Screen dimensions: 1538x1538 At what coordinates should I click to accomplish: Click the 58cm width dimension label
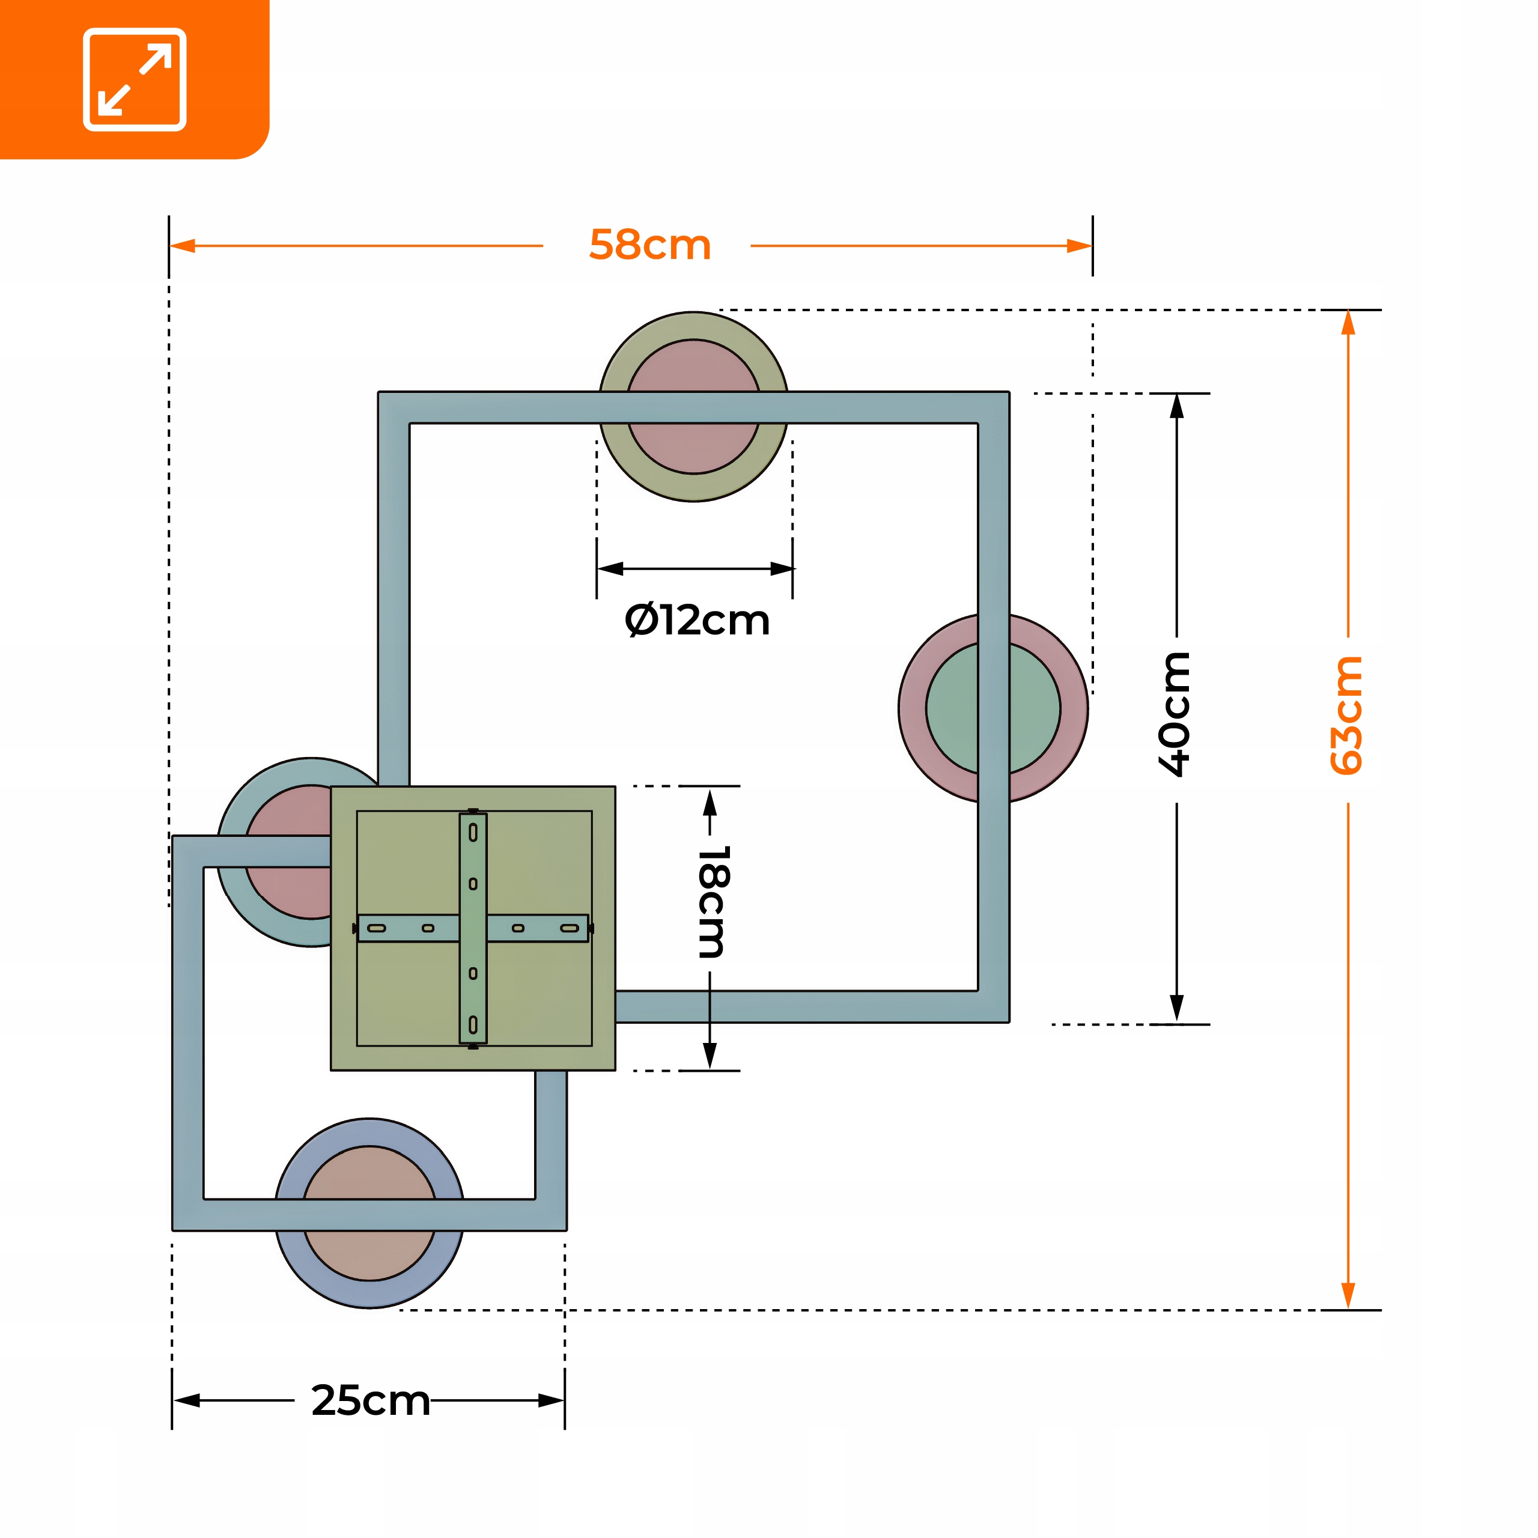click(x=649, y=245)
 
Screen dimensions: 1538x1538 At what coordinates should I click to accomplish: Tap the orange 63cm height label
click(x=1347, y=715)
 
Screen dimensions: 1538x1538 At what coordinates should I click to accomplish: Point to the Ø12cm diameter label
click(x=698, y=620)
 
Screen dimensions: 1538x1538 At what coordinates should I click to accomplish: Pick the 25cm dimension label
click(x=370, y=1423)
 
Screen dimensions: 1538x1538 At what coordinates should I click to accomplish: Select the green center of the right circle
click(x=992, y=708)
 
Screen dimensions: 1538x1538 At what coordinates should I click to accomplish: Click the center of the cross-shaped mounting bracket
click(x=473, y=928)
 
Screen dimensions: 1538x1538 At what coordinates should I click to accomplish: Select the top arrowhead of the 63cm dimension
click(x=1348, y=323)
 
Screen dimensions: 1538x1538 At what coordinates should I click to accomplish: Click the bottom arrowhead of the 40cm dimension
click(x=1176, y=1009)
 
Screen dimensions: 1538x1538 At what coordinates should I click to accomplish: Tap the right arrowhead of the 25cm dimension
click(x=551, y=1423)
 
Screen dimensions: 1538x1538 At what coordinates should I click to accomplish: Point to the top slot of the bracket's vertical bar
click(x=473, y=833)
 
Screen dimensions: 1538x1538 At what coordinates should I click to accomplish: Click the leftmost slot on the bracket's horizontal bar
click(x=377, y=928)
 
